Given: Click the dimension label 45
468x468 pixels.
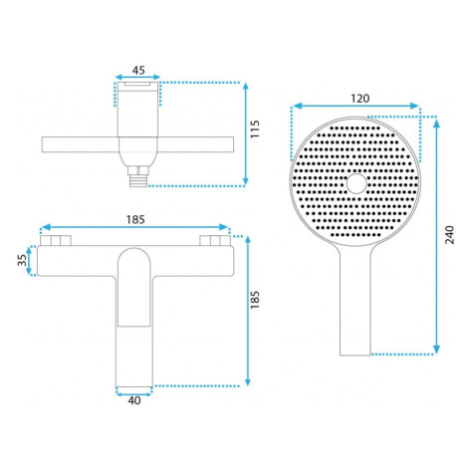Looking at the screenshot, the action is pos(138,70).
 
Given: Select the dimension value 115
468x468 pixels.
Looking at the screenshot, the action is pos(255,129).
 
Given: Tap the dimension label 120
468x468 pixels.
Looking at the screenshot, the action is pos(360,99).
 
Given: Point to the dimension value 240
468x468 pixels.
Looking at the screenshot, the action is pos(449,235).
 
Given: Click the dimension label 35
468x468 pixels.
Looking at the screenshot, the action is pos(22,260).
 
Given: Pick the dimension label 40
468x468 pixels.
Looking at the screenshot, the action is pos(134,400).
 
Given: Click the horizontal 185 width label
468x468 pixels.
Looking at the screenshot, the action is pos(135,219).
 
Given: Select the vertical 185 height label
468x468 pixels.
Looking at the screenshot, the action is pos(255,300).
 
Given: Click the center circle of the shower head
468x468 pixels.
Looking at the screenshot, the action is pos(357,183).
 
